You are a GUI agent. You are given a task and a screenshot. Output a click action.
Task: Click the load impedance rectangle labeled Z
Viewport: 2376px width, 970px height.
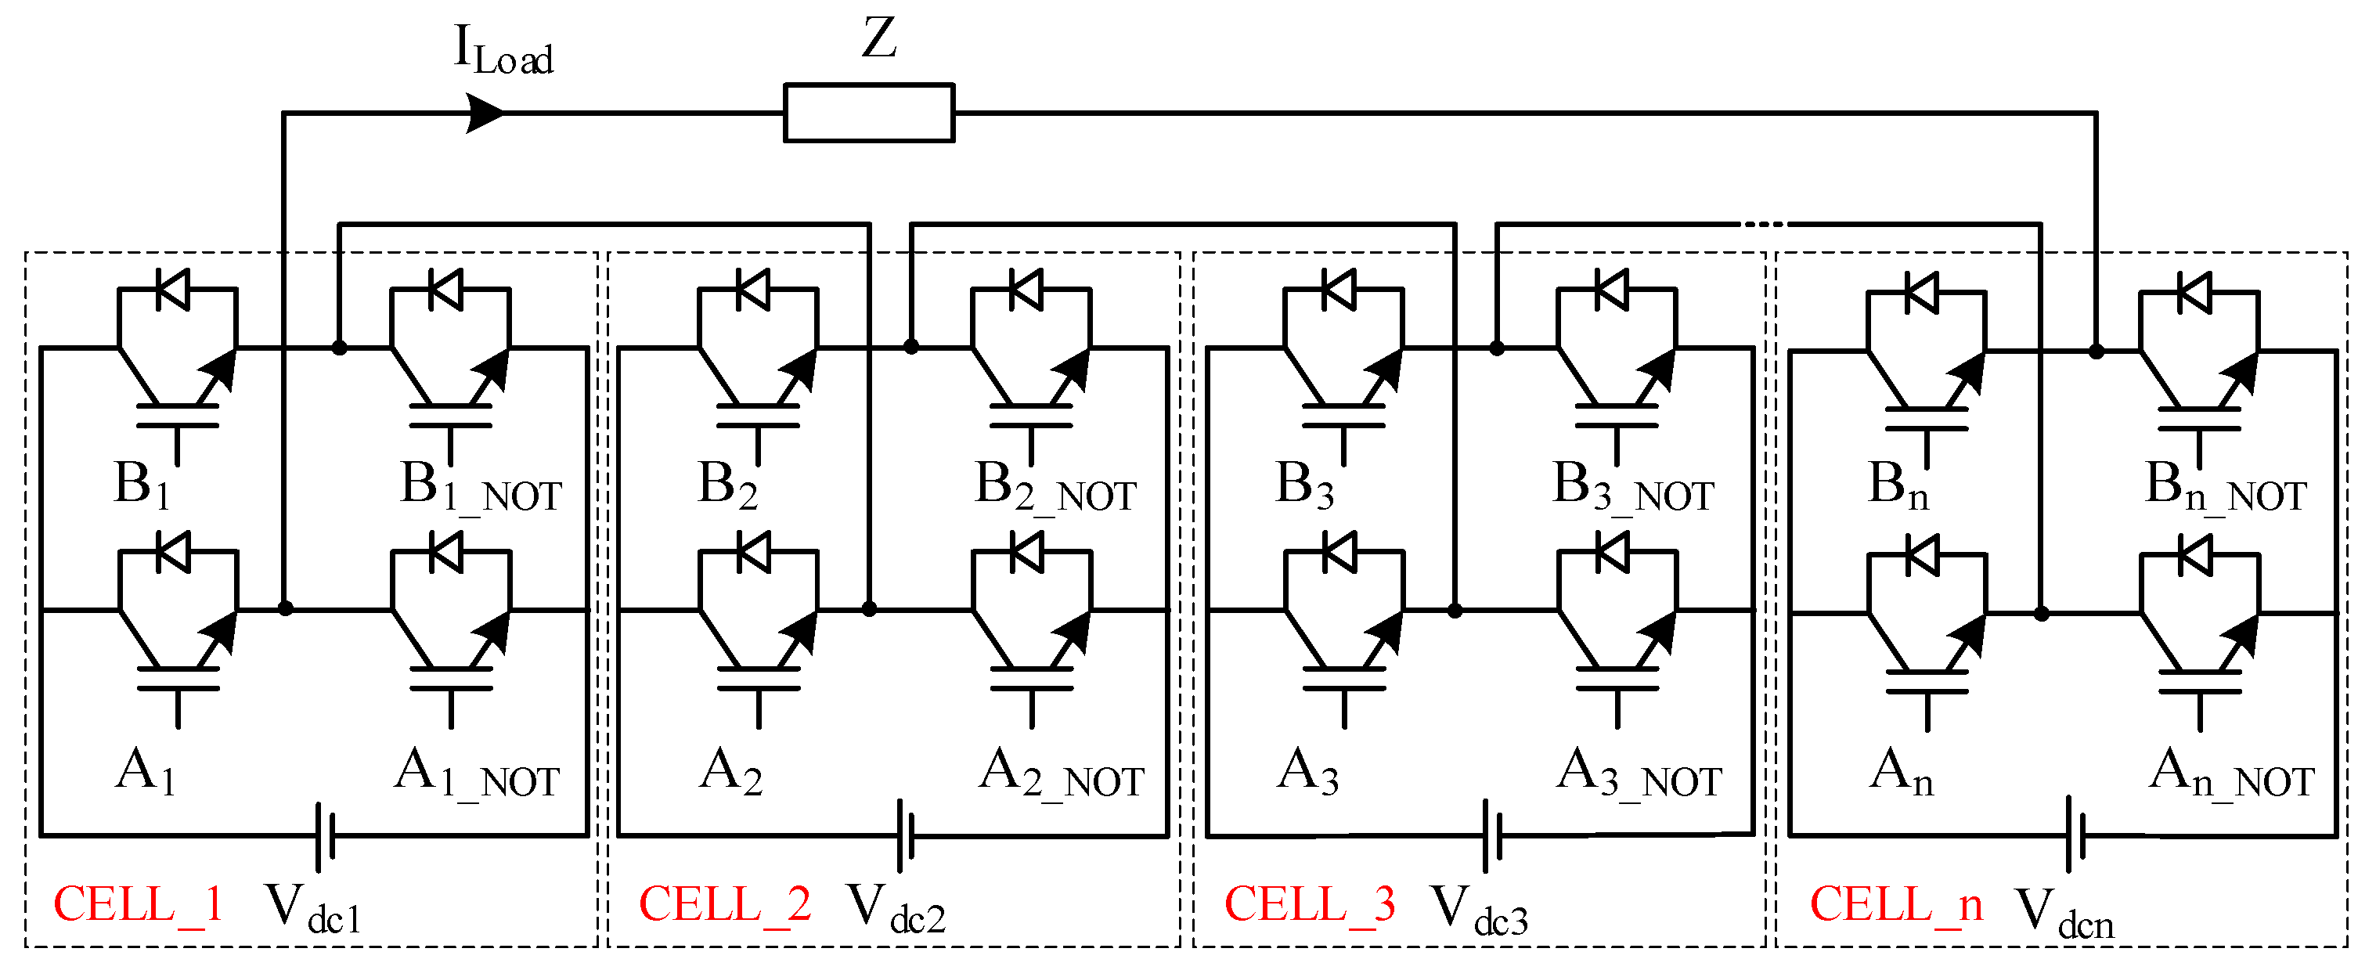tap(868, 113)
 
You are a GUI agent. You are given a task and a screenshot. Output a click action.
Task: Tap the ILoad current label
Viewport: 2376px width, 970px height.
tap(503, 51)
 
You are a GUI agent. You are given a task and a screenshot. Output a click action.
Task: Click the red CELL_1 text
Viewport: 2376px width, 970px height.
tap(139, 904)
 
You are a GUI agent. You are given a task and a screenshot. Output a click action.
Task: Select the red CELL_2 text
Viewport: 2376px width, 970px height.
tap(724, 904)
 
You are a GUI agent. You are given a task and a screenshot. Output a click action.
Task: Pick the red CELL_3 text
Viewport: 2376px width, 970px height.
tap(1309, 904)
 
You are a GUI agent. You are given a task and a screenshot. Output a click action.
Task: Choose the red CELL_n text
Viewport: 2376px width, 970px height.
tap(1895, 904)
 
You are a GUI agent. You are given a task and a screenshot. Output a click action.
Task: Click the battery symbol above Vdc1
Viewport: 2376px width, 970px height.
tap(325, 835)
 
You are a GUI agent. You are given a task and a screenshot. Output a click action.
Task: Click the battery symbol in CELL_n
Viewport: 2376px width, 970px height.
tap(2075, 835)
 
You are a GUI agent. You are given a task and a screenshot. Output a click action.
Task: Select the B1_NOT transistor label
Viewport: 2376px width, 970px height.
tap(480, 487)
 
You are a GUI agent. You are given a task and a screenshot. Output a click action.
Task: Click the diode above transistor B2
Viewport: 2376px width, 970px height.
tap(754, 290)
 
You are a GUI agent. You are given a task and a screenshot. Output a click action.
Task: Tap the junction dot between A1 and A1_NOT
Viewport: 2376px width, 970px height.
tap(285, 608)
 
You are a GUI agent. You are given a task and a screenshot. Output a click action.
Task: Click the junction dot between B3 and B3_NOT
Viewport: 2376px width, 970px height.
tap(1496, 348)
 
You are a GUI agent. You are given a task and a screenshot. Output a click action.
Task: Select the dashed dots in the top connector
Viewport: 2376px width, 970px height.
tap(1761, 224)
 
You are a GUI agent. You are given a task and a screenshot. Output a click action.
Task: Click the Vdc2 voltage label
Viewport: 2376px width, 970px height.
tap(896, 909)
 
